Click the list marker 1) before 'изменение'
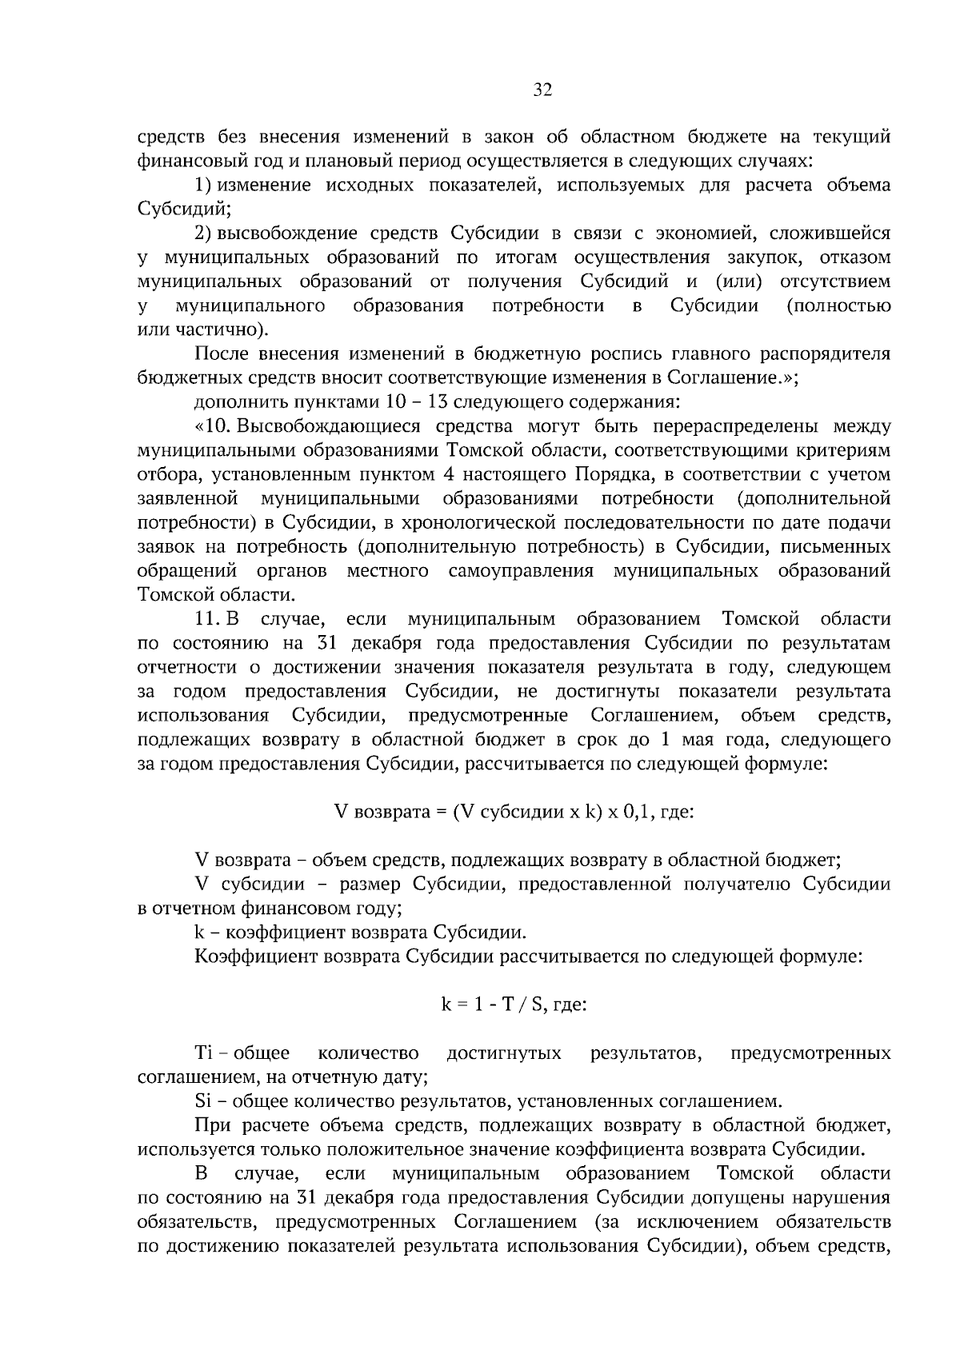click(203, 186)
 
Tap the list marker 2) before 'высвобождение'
click(203, 234)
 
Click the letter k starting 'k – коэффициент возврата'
click(199, 933)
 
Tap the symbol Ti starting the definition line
click(202, 1052)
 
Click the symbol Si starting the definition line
click(202, 1101)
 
